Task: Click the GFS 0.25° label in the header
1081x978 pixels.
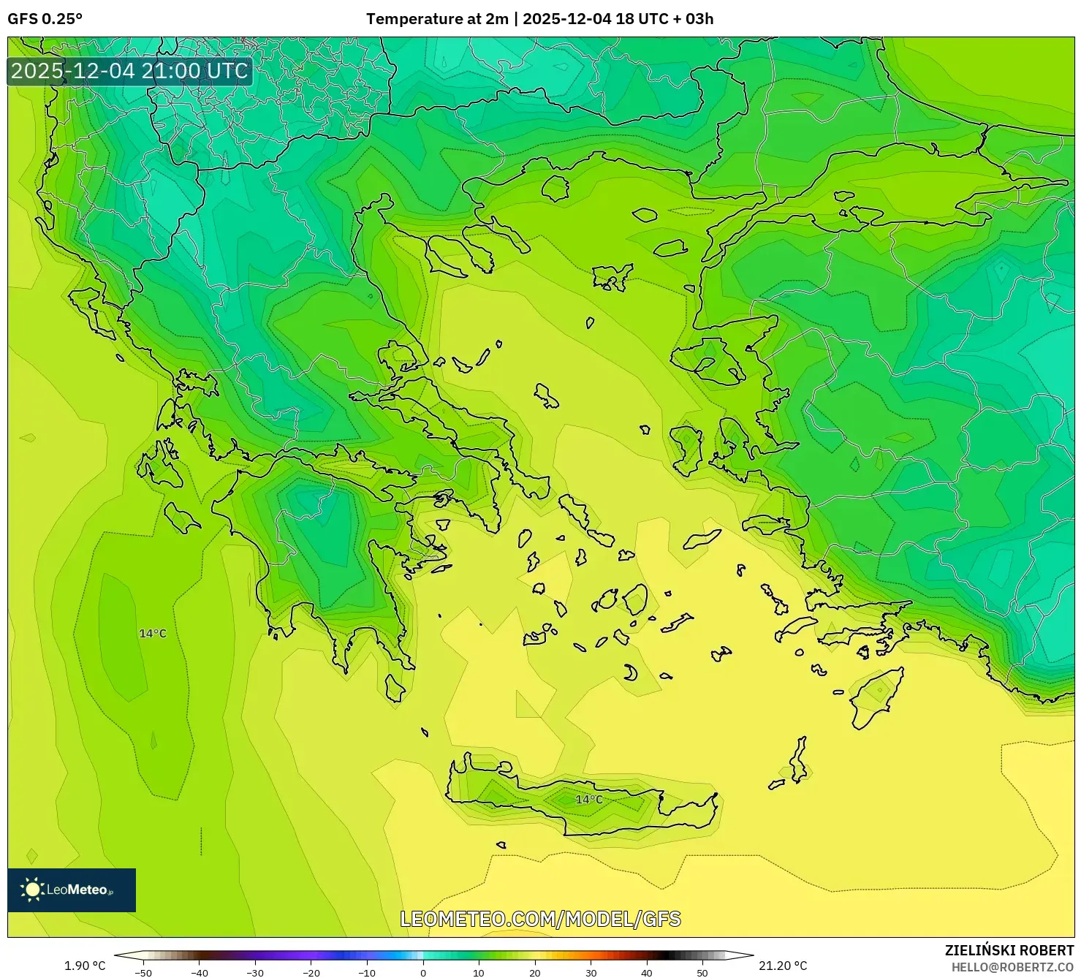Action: (x=45, y=19)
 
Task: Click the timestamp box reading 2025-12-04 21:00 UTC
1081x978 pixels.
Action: (x=129, y=71)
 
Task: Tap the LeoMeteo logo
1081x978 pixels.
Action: (x=71, y=890)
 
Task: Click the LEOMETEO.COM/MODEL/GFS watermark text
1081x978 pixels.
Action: (x=540, y=919)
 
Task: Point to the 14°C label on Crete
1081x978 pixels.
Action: (x=589, y=800)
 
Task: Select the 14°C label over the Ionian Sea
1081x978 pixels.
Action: (x=153, y=634)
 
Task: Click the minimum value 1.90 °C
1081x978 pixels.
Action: (x=85, y=966)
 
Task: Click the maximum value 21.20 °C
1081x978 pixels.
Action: (x=783, y=966)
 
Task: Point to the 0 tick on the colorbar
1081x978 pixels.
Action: (x=423, y=972)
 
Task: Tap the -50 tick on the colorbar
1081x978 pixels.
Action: (x=143, y=972)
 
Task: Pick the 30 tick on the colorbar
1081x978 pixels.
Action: (x=591, y=972)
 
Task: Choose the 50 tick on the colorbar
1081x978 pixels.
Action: (x=702, y=972)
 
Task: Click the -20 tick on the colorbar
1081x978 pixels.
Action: (x=311, y=972)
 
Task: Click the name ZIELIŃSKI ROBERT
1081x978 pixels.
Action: (x=1009, y=950)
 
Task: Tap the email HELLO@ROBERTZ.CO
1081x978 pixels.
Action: (x=1012, y=967)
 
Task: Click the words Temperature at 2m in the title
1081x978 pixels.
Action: (x=436, y=19)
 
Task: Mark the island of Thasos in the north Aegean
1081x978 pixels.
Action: (x=555, y=188)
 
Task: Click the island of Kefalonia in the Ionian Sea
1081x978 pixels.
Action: (x=181, y=517)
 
